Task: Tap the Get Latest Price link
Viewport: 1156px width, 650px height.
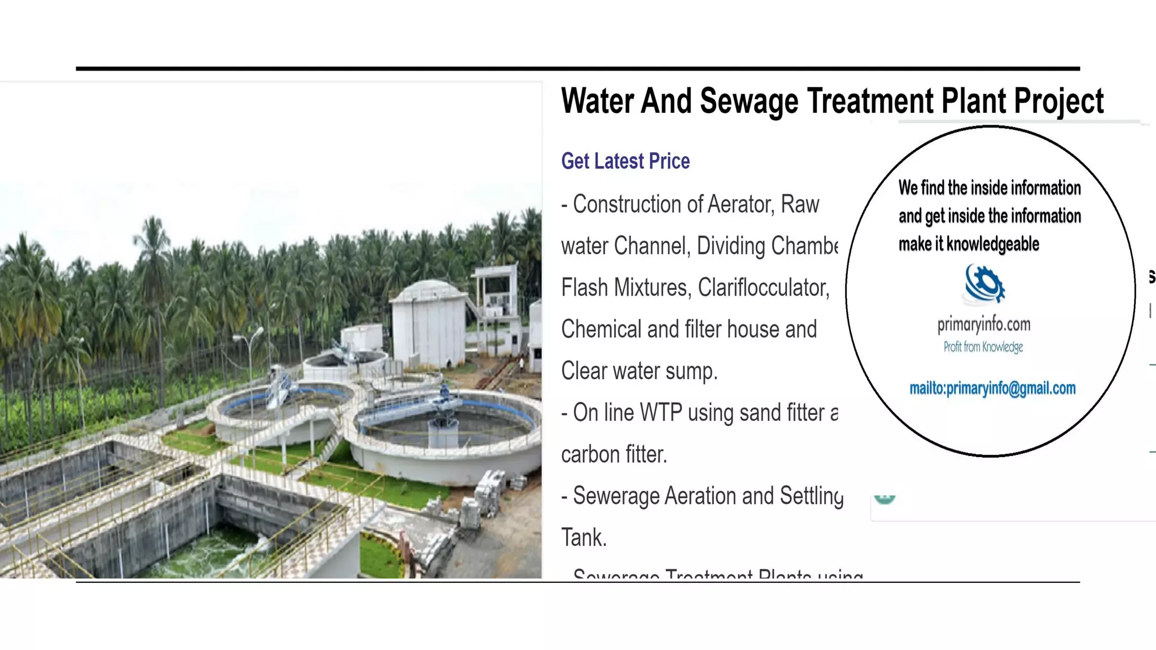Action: tap(625, 161)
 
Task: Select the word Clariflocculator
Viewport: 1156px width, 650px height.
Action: tap(763, 288)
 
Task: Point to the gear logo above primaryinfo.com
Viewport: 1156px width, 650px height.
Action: tap(984, 284)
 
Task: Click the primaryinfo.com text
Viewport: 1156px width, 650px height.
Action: tap(984, 324)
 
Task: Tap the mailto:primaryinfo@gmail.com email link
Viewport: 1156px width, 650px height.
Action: tap(992, 388)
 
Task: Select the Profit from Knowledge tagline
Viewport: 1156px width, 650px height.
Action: tap(983, 347)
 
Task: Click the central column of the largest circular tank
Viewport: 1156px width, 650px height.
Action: tap(443, 432)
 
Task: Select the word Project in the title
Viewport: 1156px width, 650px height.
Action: tap(1058, 102)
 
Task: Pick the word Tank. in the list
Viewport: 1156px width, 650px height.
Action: tap(584, 538)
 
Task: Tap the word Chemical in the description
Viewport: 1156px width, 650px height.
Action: tap(601, 330)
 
